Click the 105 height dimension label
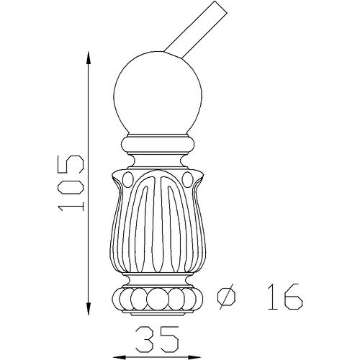click(x=71, y=183)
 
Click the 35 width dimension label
click(x=157, y=338)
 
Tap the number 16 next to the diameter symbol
click(x=285, y=297)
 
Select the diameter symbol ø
click(x=226, y=297)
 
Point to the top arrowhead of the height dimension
click(x=89, y=58)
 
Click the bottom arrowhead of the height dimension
click(x=89, y=309)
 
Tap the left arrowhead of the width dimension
click(x=119, y=357)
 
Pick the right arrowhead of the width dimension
click(x=194, y=357)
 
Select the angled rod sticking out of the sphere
click(x=195, y=30)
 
